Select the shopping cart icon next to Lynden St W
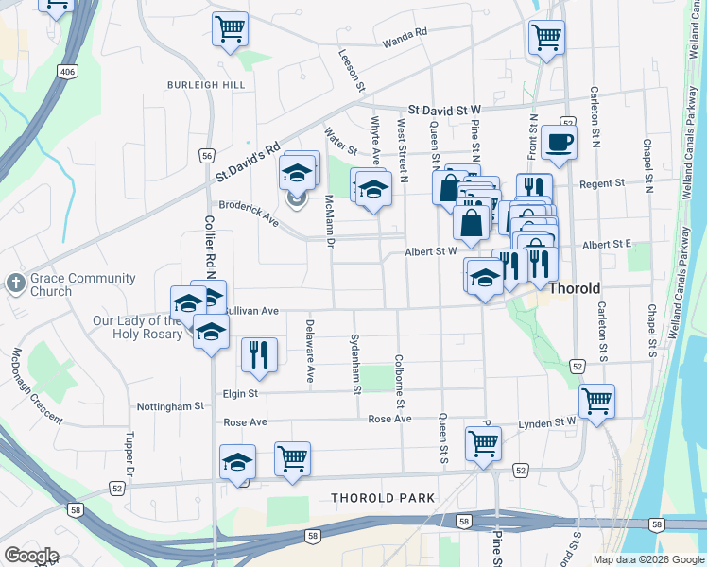(596, 402)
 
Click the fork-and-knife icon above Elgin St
(259, 355)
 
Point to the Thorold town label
(576, 287)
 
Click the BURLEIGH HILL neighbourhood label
(205, 85)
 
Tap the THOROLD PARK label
(383, 498)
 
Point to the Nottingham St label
(172, 406)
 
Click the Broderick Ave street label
(250, 213)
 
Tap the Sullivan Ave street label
(250, 310)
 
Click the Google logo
(31, 556)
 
